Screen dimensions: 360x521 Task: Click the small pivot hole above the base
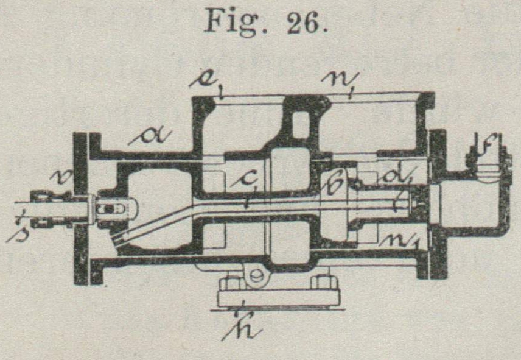[x=256, y=276]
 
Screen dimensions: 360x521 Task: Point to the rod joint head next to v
[x=110, y=210]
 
